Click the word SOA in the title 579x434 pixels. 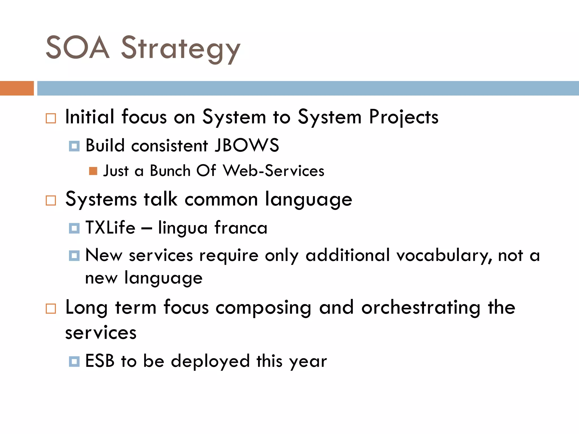tap(77, 47)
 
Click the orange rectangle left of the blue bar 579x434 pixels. tap(17, 88)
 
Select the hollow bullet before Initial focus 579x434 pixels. tap(51, 118)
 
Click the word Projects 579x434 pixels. tap(404, 117)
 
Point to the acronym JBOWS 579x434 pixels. tap(247, 146)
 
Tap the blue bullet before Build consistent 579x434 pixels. tap(74, 146)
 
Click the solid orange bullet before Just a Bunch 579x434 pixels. tap(93, 171)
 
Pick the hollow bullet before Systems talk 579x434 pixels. tap(51, 200)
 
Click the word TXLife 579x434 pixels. tap(111, 227)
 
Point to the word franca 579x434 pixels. tap(241, 227)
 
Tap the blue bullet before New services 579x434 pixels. tap(74, 255)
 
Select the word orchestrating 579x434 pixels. tap(421, 308)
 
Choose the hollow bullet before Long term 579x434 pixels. tap(51, 309)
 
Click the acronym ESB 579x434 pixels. tap(100, 361)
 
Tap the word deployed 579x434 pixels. tap(210, 361)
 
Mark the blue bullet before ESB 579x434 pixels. tap(74, 361)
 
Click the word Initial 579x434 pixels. tap(90, 117)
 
